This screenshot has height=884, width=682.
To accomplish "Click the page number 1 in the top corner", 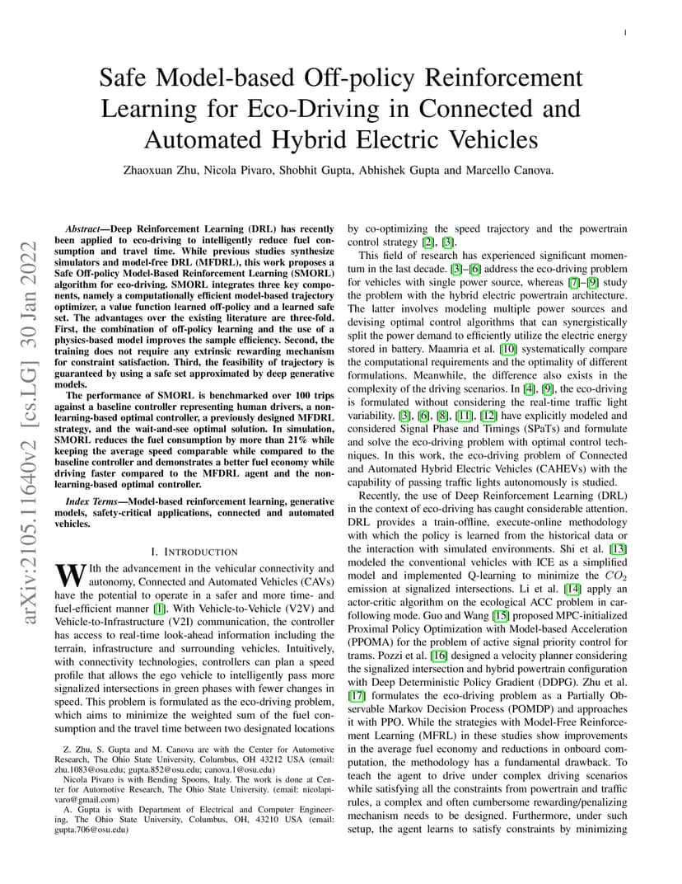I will pos(626,32).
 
